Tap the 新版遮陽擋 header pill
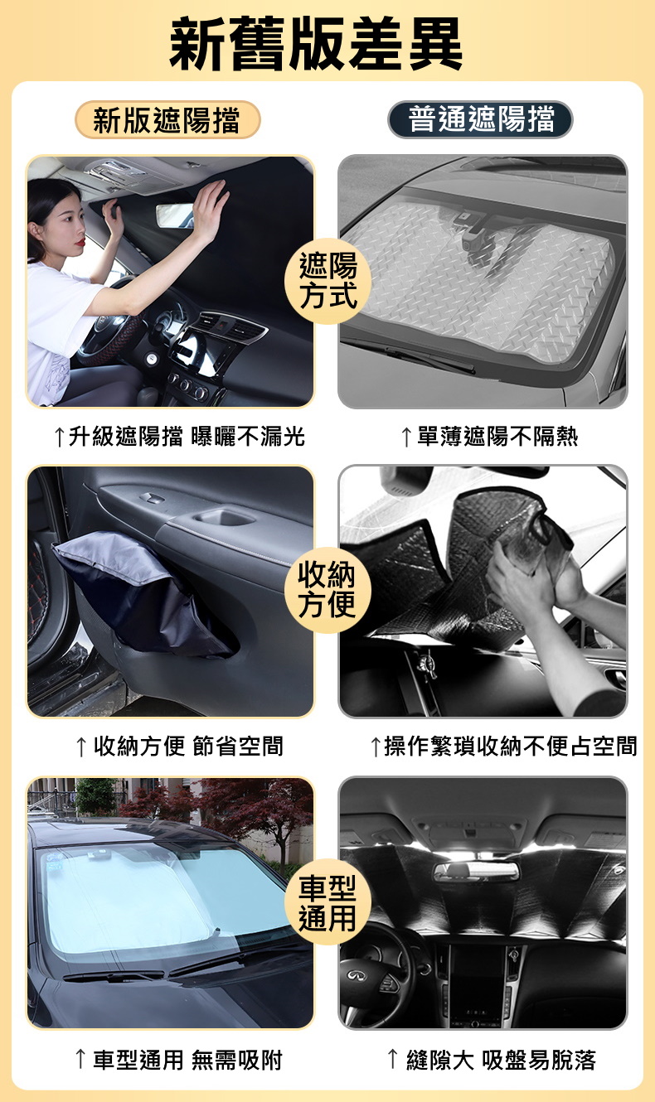(x=167, y=120)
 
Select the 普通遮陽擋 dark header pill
(x=480, y=120)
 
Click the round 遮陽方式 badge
(x=328, y=281)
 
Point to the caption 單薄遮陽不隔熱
(x=488, y=436)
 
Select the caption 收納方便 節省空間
(x=179, y=746)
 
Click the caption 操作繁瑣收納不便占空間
(x=502, y=746)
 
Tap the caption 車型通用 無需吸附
(x=178, y=1058)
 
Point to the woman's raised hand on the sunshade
(x=208, y=206)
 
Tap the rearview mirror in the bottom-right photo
(x=476, y=871)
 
